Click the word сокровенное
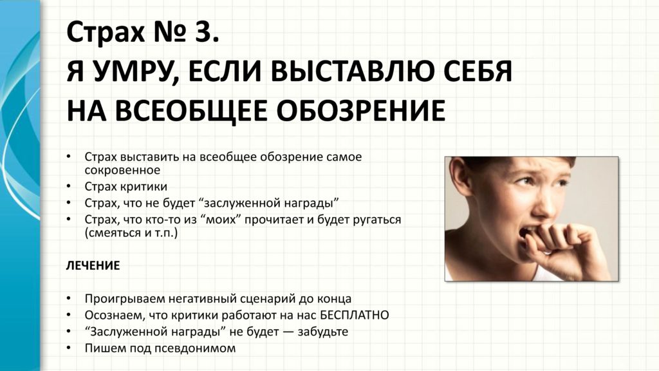122,170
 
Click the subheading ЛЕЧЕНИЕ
93,265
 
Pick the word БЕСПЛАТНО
355,315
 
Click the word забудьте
323,332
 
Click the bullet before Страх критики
68,186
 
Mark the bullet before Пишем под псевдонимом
68,348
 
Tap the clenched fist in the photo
563,247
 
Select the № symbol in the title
169,32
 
